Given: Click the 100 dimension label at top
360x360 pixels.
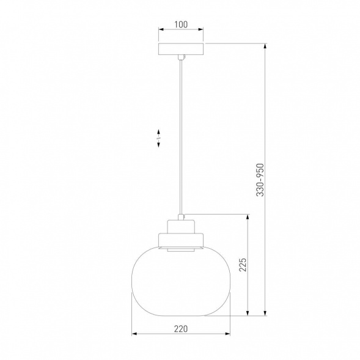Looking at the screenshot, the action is click(181, 24).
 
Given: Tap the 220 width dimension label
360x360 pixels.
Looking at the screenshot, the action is click(181, 329).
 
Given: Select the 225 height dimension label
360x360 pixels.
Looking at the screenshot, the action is click(243, 265).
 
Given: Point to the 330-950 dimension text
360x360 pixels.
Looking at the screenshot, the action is click(260, 180).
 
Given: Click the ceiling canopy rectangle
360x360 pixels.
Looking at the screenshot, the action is click(181, 49).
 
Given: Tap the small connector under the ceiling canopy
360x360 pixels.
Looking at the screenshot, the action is click(181, 57).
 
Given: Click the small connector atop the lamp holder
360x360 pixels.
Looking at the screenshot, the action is click(181, 217).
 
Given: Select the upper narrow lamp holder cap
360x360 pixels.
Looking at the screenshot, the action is click(181, 227).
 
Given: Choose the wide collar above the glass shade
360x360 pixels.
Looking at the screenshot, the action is click(181, 240).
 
